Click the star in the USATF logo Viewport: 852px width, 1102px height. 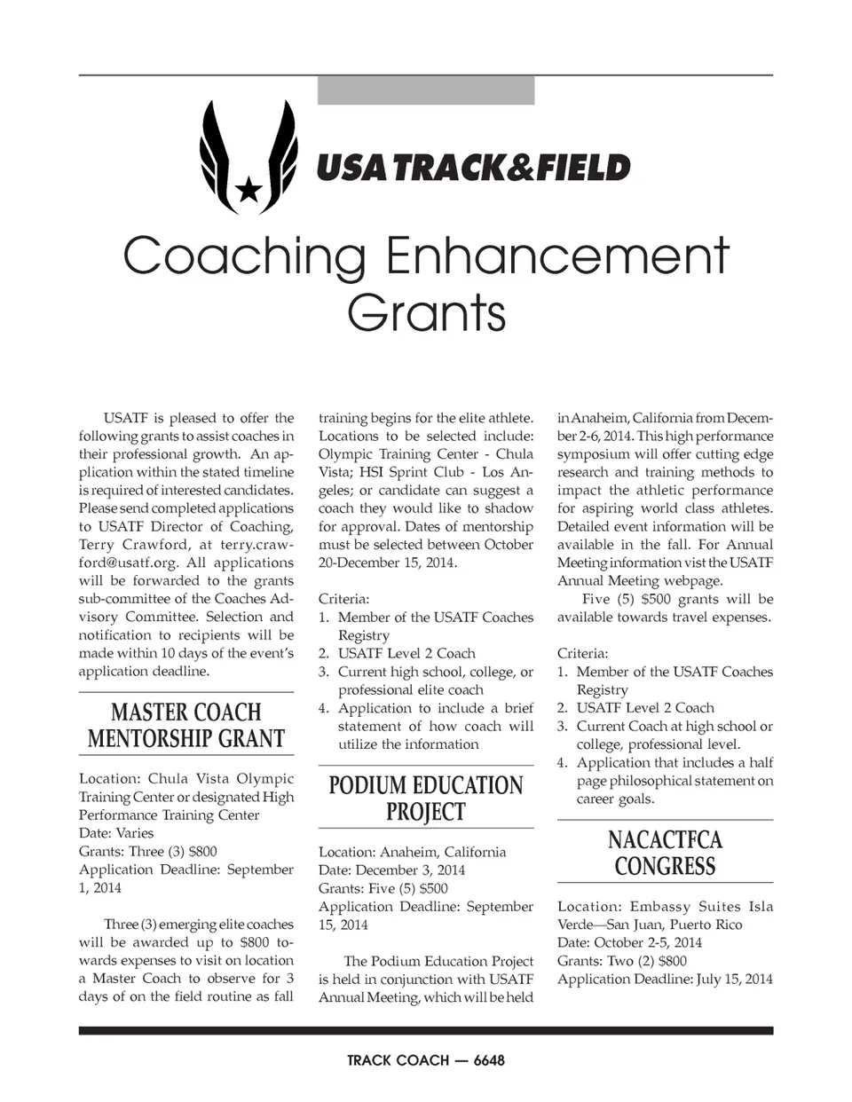coord(249,187)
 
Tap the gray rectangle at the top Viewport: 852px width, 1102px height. coord(426,91)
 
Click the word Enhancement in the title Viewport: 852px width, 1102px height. coord(557,256)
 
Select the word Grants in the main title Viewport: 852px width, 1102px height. coord(426,312)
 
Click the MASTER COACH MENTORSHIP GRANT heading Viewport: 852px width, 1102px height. coord(186,726)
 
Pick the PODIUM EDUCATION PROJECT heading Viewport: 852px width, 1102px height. coord(426,799)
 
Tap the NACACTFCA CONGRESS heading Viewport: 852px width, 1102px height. coord(665,853)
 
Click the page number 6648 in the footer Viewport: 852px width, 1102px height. coord(489,1060)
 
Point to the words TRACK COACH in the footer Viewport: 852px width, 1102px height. coord(398,1060)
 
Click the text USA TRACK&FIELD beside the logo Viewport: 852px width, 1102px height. coord(473,168)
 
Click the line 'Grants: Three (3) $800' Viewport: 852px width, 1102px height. coord(148,852)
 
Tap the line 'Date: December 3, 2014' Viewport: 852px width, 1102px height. coord(391,870)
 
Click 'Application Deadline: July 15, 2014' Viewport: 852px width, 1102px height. coord(665,980)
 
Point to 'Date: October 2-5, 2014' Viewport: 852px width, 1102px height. coord(629,943)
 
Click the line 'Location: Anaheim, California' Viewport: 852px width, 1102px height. coord(412,853)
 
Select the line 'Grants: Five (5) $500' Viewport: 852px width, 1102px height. coord(383,889)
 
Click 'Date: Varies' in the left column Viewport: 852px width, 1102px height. coord(116,834)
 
